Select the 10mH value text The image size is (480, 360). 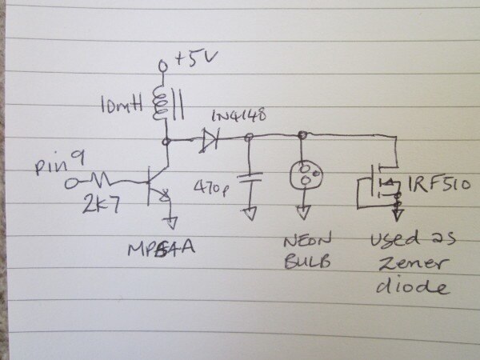point(121,105)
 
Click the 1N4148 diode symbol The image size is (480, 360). point(210,141)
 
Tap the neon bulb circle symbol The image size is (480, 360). point(302,174)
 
